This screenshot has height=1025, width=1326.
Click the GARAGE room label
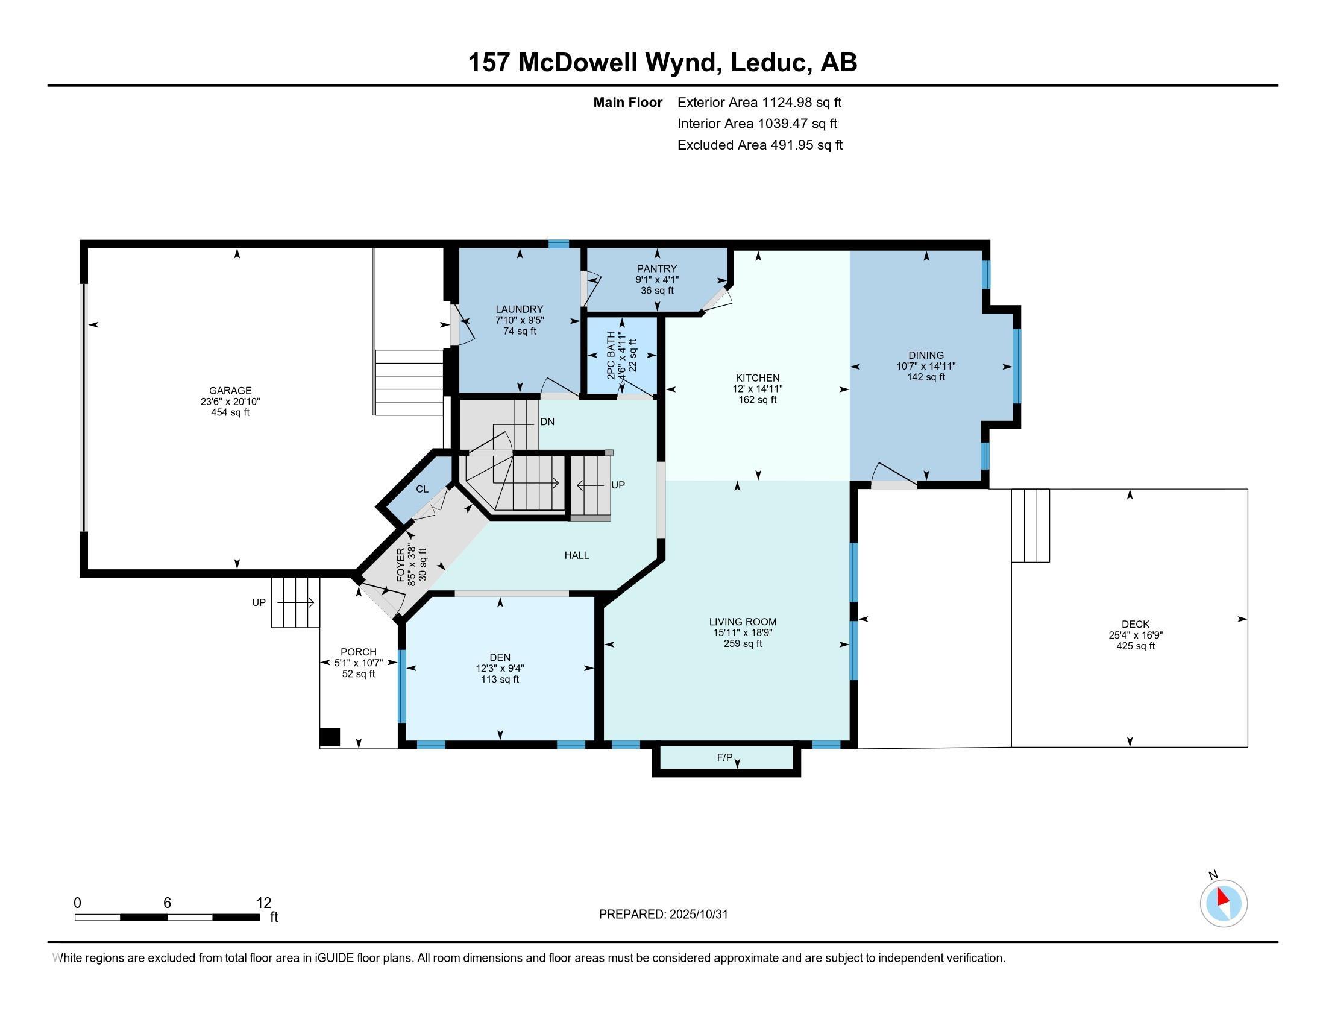click(x=230, y=391)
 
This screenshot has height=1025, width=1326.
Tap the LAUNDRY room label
click(x=519, y=309)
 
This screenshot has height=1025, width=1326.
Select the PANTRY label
click(x=657, y=268)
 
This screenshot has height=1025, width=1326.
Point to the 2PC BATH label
click(x=611, y=355)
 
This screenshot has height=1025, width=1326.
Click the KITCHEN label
click(x=758, y=377)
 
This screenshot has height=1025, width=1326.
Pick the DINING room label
click(x=926, y=355)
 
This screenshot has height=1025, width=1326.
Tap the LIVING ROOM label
click(x=743, y=622)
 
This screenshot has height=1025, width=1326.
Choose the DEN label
click(x=500, y=657)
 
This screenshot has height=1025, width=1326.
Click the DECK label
click(x=1136, y=624)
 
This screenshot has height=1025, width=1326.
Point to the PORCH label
click(x=358, y=652)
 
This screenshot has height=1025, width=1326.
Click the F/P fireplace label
click(x=725, y=757)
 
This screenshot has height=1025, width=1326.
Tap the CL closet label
click(x=422, y=489)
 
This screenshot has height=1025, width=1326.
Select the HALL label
click(x=577, y=555)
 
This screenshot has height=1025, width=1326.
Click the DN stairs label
click(x=547, y=421)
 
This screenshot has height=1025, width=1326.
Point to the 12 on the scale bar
click(x=263, y=903)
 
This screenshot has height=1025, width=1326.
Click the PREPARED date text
click(x=663, y=915)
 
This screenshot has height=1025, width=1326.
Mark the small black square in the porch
click(x=330, y=737)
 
